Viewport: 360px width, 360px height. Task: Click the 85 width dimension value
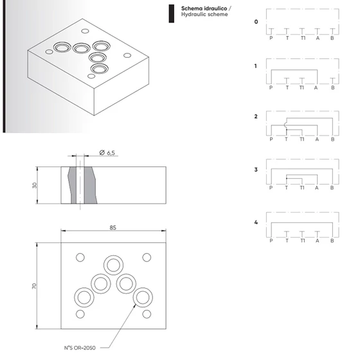pyautogui.click(x=113, y=228)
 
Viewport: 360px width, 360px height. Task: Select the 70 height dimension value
pyautogui.click(x=34, y=286)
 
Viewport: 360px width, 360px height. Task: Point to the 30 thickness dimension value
pyautogui.click(x=35, y=185)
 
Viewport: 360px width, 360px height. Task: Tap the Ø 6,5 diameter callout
pyautogui.click(x=107, y=153)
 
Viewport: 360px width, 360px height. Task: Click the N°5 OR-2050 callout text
pyautogui.click(x=80, y=348)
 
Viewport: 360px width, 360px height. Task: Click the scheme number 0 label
pyautogui.click(x=256, y=22)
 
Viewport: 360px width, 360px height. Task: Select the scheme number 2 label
pyautogui.click(x=256, y=116)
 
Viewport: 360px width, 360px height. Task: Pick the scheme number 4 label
pyautogui.click(x=256, y=222)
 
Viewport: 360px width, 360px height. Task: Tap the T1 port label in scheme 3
pyautogui.click(x=302, y=188)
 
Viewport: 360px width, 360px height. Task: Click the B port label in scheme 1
pyautogui.click(x=333, y=87)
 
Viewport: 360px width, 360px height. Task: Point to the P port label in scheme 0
pyautogui.click(x=271, y=38)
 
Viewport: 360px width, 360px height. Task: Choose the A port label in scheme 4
pyautogui.click(x=318, y=240)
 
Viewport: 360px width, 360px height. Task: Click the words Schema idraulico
pyautogui.click(x=204, y=8)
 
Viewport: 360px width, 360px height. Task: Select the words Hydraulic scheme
pyautogui.click(x=204, y=14)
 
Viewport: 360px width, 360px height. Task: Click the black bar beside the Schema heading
pyautogui.click(x=171, y=14)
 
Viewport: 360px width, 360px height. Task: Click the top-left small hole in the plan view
pyautogui.click(x=80, y=257)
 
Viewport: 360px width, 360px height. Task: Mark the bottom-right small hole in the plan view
pyautogui.click(x=147, y=314)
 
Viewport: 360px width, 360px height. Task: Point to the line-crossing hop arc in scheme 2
pyautogui.click(x=285, y=125)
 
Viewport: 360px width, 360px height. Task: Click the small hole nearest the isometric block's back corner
pyautogui.click(x=85, y=31)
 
